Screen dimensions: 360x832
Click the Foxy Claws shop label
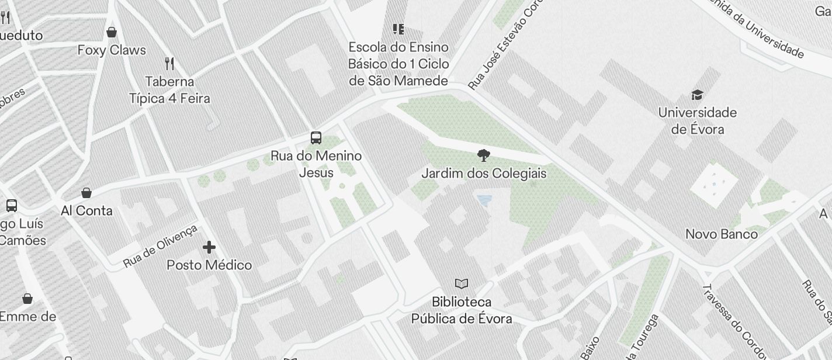coord(112,50)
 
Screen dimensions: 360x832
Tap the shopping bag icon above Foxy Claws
coord(112,32)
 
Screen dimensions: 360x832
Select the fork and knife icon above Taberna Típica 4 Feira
coord(169,63)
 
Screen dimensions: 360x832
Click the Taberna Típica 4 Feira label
coord(169,89)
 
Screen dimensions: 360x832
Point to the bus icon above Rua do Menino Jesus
coord(316,138)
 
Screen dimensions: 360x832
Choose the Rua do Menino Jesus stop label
coord(316,164)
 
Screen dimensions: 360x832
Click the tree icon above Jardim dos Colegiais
coord(483,155)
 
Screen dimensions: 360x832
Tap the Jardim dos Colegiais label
coord(484,174)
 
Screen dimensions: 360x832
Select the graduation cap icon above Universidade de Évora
coord(697,95)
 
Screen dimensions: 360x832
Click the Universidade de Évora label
coord(697,120)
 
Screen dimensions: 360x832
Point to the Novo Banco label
coord(721,234)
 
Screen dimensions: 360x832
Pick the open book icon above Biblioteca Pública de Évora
coord(462,284)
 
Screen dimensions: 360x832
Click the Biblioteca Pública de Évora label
coord(462,310)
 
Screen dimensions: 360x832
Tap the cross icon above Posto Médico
coord(209,247)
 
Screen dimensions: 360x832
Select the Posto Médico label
coord(209,265)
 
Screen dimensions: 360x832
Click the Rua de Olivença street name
coord(160,247)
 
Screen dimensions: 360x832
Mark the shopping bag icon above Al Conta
coord(86,193)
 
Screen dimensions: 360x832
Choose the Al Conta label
coord(86,211)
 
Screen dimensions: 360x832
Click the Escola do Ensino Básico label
coord(398,64)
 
